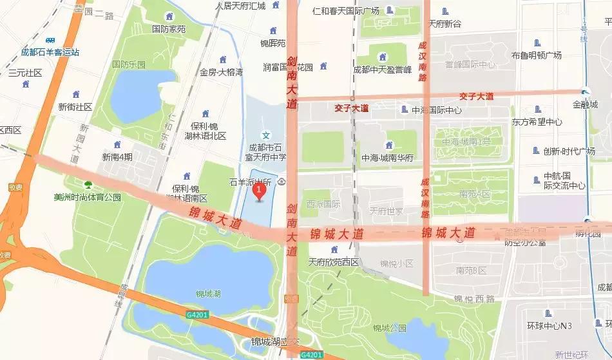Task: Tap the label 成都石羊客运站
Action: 50,52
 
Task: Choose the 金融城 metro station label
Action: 585,104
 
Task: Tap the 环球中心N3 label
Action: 549,326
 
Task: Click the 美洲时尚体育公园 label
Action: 87,197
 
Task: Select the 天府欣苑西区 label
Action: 333,261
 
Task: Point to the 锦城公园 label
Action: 388,328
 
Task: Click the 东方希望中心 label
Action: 537,121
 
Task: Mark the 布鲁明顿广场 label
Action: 536,55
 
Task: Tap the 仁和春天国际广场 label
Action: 346,11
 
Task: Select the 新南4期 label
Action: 117,156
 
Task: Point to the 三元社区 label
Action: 25,73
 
